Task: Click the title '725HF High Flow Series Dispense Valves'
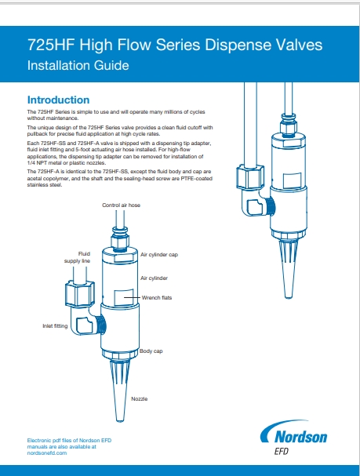click(174, 45)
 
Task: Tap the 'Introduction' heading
click(58, 100)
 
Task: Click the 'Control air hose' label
click(122, 205)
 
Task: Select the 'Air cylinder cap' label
click(161, 255)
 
